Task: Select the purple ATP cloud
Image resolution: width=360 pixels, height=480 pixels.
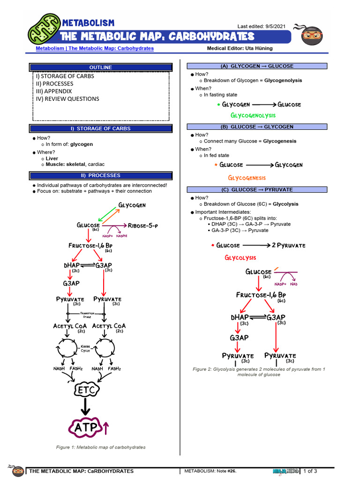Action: pyautogui.click(x=84, y=427)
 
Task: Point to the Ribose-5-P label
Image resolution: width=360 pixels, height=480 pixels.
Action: pyautogui.click(x=143, y=225)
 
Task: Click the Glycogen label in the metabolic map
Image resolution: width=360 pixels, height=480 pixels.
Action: pyautogui.click(x=132, y=205)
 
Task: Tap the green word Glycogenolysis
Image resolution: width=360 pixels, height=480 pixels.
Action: pyautogui.click(x=253, y=115)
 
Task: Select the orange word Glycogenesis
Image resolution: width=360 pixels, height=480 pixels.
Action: pyautogui.click(x=247, y=178)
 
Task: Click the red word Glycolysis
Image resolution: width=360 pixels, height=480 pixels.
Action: pyautogui.click(x=240, y=258)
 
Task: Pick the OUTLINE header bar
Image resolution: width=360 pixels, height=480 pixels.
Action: pyautogui.click(x=100, y=67)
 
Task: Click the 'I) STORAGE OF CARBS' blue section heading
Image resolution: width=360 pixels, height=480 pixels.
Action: pyautogui.click(x=100, y=128)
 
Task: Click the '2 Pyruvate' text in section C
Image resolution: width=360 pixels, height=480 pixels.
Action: pyautogui.click(x=288, y=245)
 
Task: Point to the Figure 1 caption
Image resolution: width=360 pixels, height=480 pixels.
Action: pyautogui.click(x=101, y=447)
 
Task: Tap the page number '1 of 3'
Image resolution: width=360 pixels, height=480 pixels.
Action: pyautogui.click(x=310, y=471)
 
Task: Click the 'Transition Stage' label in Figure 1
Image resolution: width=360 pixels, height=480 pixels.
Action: pyautogui.click(x=87, y=315)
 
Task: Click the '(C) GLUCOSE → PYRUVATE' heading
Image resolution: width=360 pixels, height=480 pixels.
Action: pyautogui.click(x=257, y=189)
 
